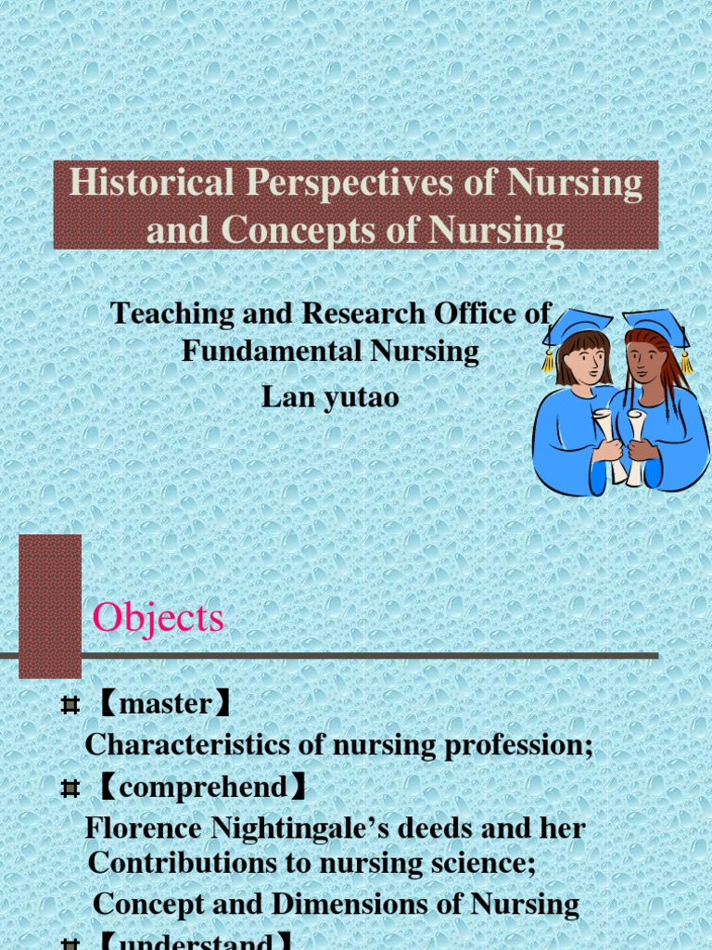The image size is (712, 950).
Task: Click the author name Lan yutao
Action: click(x=331, y=396)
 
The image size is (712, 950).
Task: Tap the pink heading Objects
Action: click(x=159, y=618)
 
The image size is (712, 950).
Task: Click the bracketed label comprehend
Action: click(x=203, y=788)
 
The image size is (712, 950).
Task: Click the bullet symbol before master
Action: click(x=69, y=706)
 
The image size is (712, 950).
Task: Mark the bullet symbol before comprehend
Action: click(x=69, y=790)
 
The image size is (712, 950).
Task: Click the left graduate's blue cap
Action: click(x=578, y=326)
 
